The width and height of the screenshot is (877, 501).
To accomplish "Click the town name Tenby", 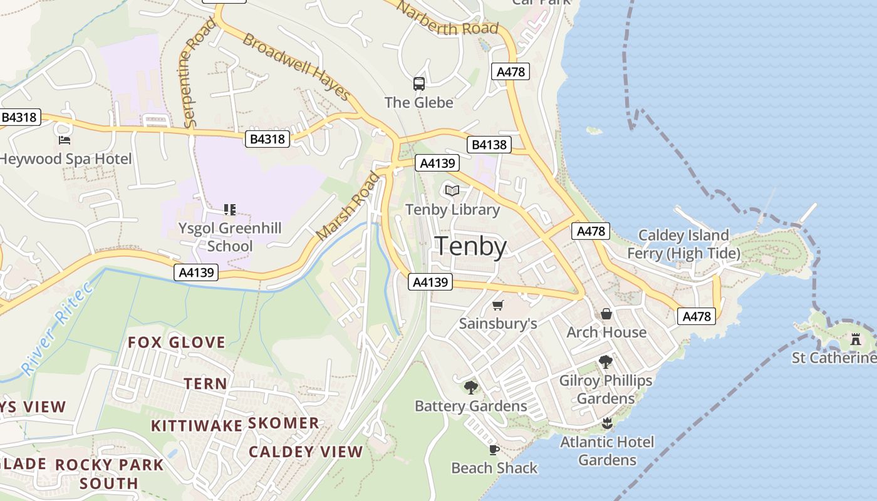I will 470,246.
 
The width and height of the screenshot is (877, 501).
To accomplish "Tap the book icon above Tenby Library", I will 452,190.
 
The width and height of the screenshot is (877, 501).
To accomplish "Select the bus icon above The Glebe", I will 418,83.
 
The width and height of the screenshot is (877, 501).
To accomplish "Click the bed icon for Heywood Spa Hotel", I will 64,140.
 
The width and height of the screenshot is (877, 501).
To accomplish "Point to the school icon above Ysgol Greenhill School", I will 229,209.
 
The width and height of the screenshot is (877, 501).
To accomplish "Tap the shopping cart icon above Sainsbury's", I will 497,305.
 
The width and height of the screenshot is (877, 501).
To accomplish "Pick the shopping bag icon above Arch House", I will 606,314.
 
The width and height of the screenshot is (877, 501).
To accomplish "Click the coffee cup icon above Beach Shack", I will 494,450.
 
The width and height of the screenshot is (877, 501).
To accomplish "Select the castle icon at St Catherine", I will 855,339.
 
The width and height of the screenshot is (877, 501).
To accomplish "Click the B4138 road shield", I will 489,145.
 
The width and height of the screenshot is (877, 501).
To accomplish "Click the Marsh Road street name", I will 348,206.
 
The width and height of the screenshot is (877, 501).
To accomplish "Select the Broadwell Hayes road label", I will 296,66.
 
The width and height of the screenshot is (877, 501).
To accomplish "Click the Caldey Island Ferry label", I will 683,244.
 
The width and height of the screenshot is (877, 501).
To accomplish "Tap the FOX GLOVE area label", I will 176,342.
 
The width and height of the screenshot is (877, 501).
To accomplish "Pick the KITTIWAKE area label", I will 196,426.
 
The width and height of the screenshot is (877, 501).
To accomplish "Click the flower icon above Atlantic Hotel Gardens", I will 606,423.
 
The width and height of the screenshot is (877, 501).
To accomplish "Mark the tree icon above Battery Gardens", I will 471,388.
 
